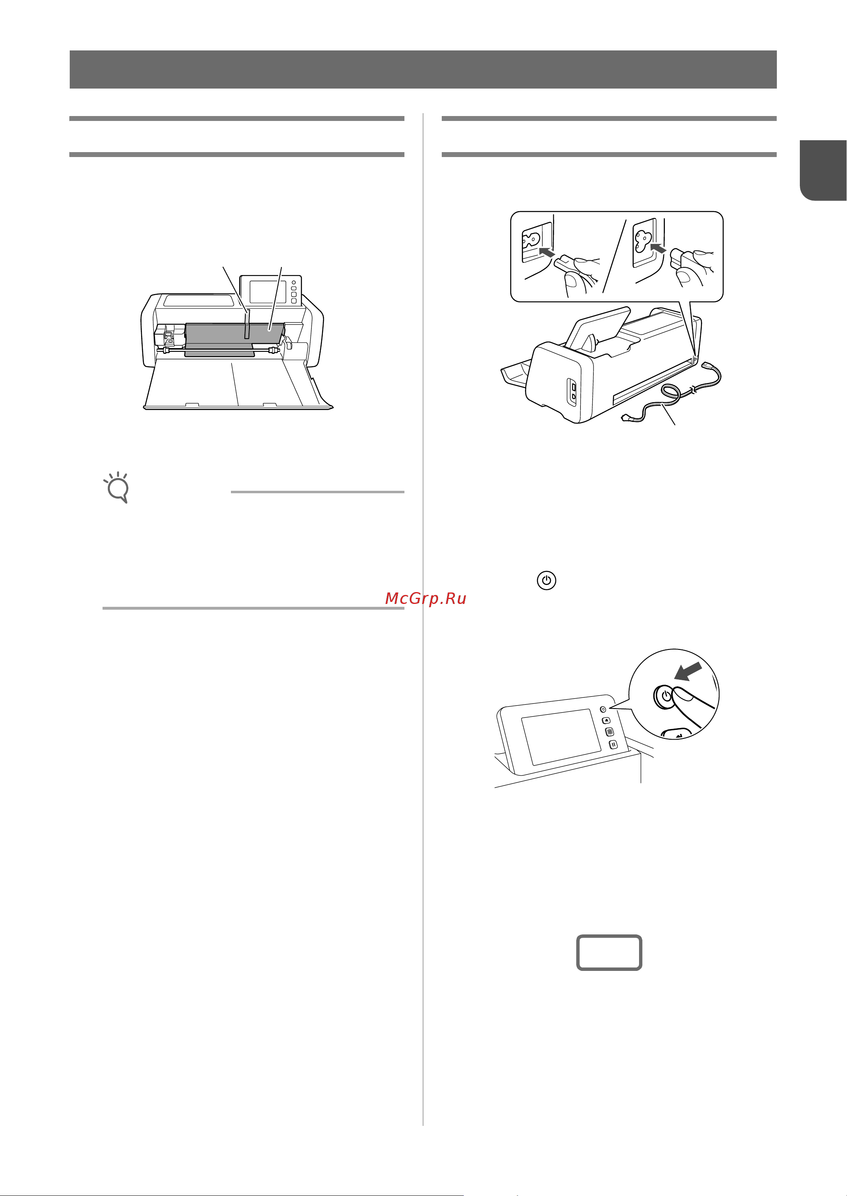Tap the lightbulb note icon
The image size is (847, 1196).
point(117,488)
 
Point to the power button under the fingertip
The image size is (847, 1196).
point(665,696)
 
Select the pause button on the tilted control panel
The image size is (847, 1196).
point(613,744)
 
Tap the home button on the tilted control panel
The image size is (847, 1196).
point(607,720)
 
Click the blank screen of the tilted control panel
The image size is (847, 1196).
point(561,737)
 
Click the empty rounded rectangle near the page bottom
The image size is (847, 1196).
point(609,952)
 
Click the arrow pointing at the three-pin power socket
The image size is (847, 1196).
point(659,248)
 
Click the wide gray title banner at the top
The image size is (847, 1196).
point(423,69)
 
